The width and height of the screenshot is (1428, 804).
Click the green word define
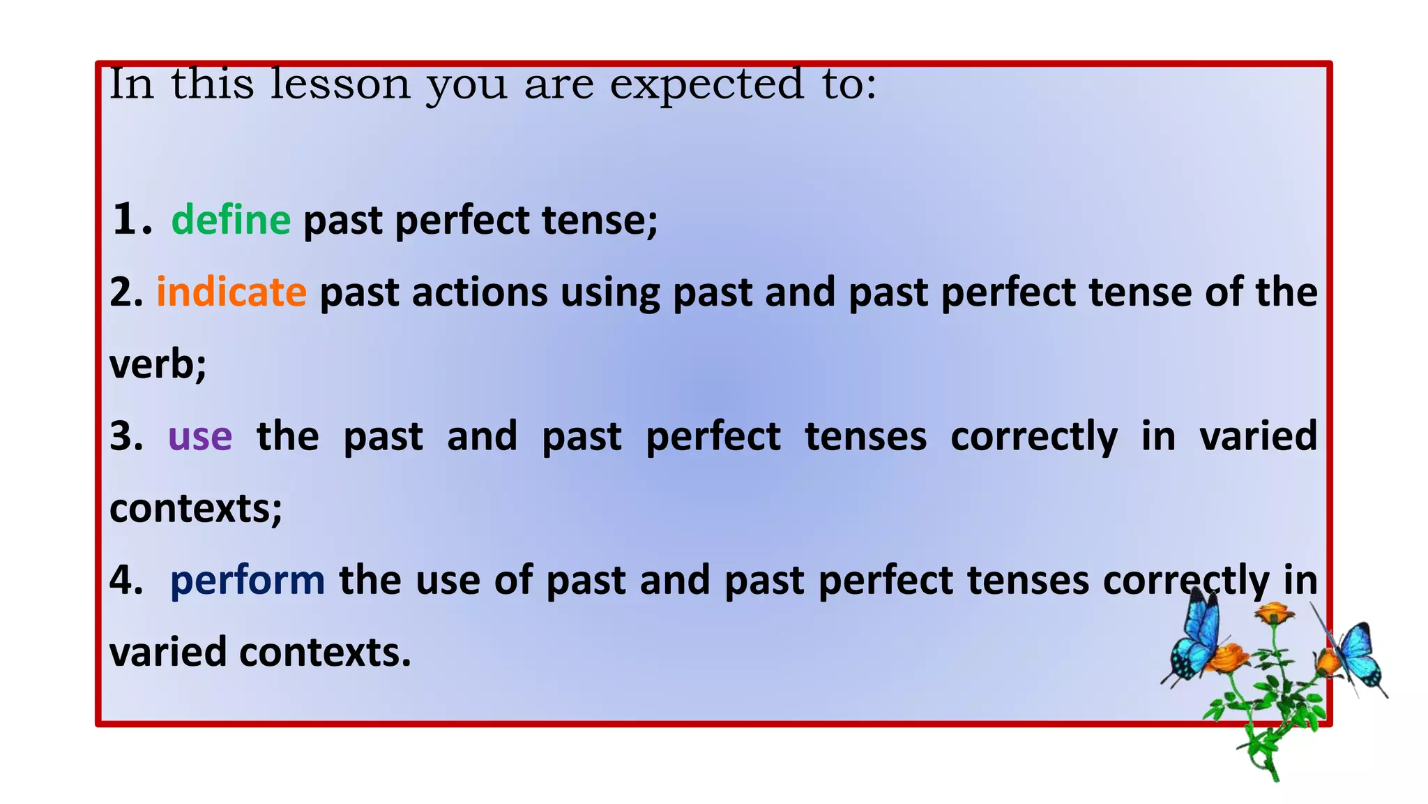point(231,220)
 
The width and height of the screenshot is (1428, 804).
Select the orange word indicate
point(231,292)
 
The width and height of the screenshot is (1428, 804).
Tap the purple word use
point(200,437)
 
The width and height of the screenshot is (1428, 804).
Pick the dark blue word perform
point(247,581)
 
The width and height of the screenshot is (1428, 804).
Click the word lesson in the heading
point(340,84)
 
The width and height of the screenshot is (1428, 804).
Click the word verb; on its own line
point(158,364)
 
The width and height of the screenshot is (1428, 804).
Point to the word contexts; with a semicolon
point(196,508)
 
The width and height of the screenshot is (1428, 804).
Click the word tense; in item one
point(600,220)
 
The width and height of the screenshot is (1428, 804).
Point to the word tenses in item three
point(865,437)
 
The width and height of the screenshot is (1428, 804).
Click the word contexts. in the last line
point(325,652)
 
